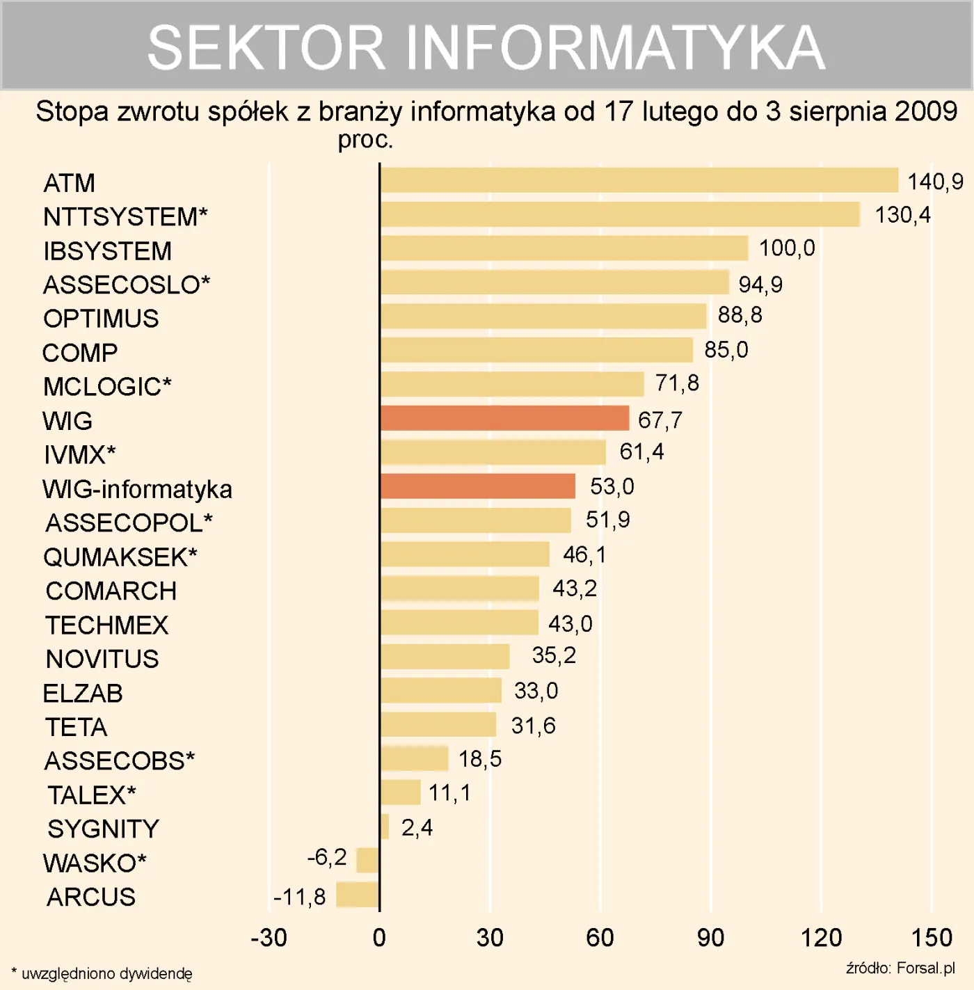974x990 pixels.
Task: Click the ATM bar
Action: pyautogui.click(x=639, y=180)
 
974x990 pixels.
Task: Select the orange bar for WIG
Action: pyautogui.click(x=504, y=418)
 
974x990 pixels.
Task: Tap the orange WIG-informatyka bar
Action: pyautogui.click(x=477, y=486)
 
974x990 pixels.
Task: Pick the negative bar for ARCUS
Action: pyautogui.click(x=358, y=895)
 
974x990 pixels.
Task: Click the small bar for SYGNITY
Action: pyautogui.click(x=385, y=827)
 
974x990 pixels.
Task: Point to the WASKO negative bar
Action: pyautogui.click(x=367, y=860)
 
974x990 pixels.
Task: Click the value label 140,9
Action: pyautogui.click(x=934, y=182)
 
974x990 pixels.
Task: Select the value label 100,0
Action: pyautogui.click(x=786, y=248)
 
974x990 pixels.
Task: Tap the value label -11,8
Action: pyautogui.click(x=299, y=897)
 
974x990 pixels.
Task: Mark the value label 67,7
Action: pyautogui.click(x=660, y=420)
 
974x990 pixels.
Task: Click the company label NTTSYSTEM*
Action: pyautogui.click(x=125, y=217)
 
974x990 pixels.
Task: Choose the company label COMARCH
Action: pyautogui.click(x=111, y=591)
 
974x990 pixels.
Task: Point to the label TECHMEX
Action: pyautogui.click(x=107, y=625)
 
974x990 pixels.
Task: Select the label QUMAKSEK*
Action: pyautogui.click(x=120, y=557)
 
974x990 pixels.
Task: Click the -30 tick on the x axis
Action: pyautogui.click(x=269, y=938)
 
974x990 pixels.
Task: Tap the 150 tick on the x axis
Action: pyautogui.click(x=931, y=938)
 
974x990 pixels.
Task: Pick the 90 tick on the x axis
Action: pyautogui.click(x=710, y=938)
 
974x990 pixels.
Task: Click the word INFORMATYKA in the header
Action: pyautogui.click(x=615, y=47)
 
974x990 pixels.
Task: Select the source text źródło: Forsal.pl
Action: pyautogui.click(x=900, y=968)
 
